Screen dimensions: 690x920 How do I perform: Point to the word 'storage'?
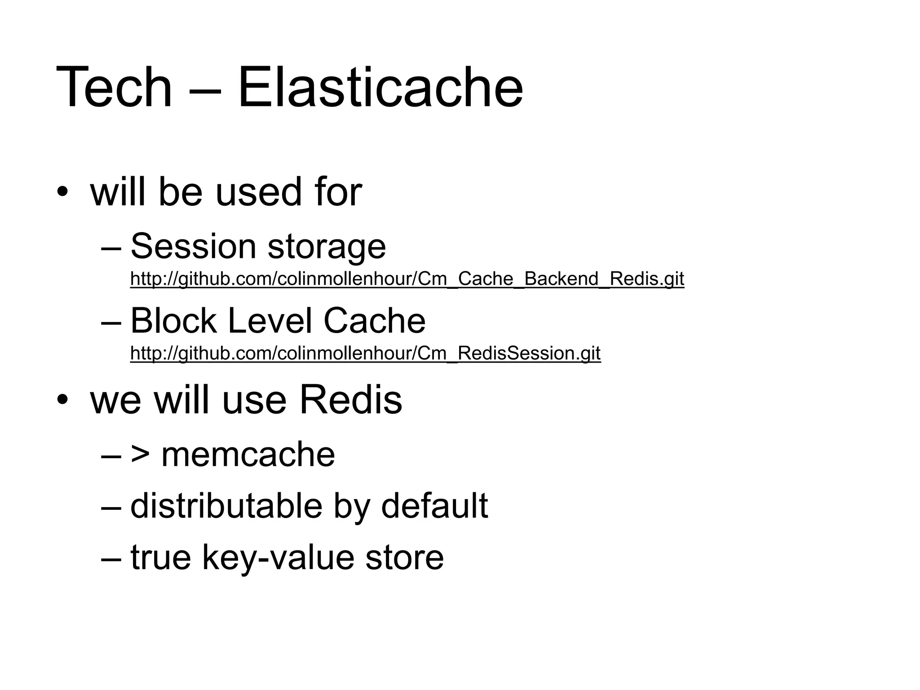pos(327,247)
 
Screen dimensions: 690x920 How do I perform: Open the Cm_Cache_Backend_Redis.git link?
pos(407,279)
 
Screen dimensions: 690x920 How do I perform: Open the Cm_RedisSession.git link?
pos(365,354)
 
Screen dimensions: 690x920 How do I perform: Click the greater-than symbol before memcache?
pos(140,455)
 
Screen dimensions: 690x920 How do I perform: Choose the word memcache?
pos(248,455)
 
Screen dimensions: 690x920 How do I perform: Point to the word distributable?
pos(226,506)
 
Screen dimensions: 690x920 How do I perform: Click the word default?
pos(434,506)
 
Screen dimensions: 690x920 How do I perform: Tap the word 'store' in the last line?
pos(404,558)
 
